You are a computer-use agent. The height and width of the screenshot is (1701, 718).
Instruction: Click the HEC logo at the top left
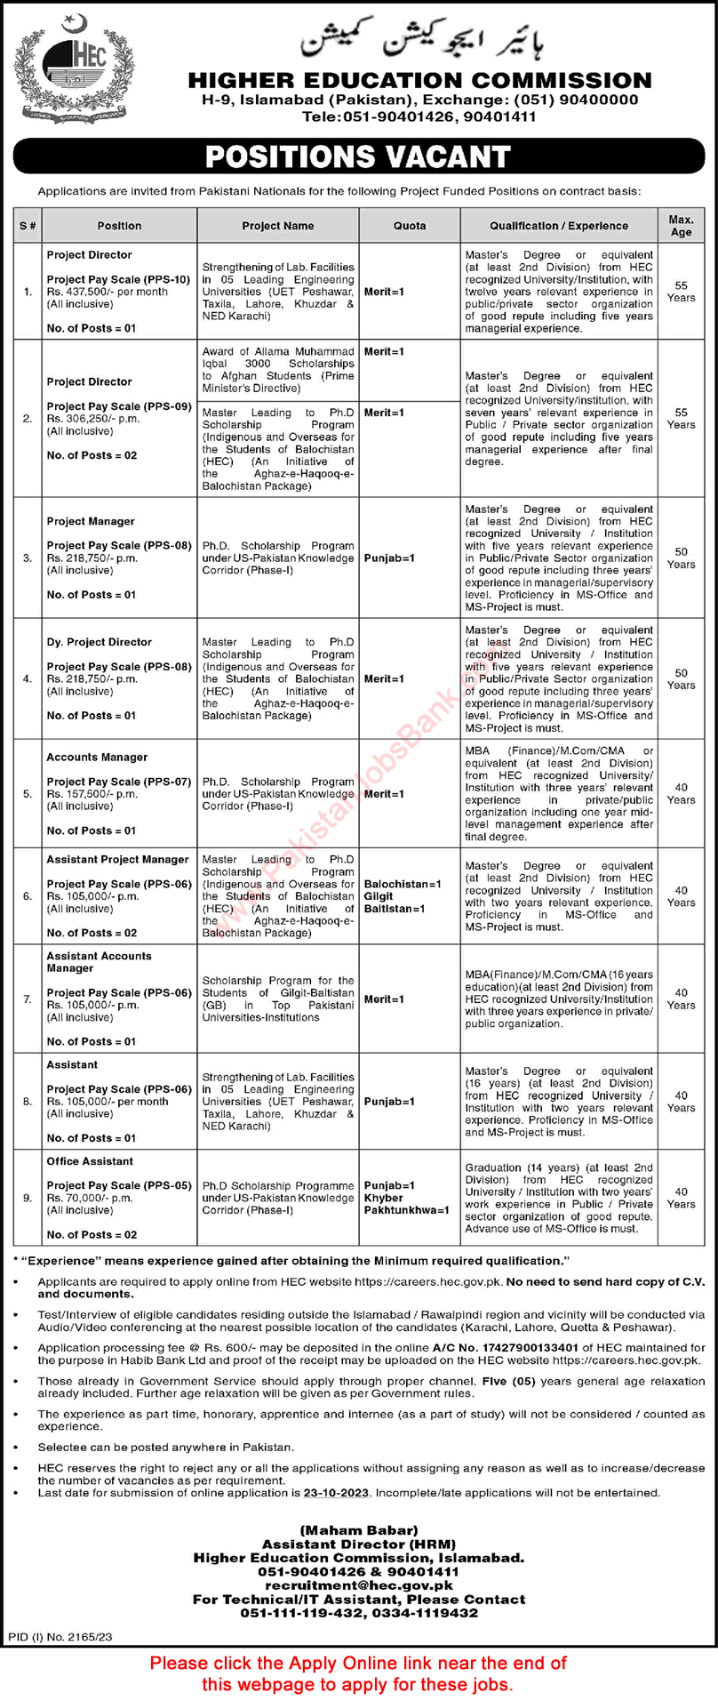(x=72, y=72)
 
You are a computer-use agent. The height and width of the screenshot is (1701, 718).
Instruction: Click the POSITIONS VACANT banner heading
(x=358, y=156)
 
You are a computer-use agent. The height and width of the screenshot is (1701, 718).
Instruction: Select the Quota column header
(x=410, y=226)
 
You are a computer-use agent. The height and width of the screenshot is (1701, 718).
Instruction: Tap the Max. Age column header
(x=681, y=226)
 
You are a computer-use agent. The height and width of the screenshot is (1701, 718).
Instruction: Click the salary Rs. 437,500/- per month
(x=108, y=292)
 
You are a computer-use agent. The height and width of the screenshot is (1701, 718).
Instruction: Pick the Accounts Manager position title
(x=97, y=758)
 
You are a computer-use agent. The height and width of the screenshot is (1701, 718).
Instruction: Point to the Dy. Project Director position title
(x=99, y=642)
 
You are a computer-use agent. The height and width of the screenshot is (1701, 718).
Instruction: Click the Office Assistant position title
(x=90, y=1161)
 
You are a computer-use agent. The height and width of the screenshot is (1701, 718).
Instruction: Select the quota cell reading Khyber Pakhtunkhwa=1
(x=406, y=1204)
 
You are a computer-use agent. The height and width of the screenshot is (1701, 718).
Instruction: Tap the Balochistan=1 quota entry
(x=403, y=885)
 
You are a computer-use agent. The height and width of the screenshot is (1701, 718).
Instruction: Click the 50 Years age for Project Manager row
(x=681, y=558)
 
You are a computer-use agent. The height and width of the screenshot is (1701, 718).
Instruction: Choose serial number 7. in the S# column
(x=28, y=999)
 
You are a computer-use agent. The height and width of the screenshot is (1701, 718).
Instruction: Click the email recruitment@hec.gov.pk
(x=358, y=1585)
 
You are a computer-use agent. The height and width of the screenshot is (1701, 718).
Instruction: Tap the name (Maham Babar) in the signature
(x=358, y=1530)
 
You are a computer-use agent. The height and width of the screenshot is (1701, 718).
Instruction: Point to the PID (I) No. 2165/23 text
(x=60, y=1636)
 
